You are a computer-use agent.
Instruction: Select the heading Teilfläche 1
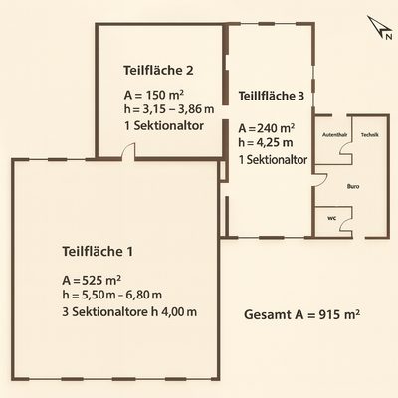point(97,250)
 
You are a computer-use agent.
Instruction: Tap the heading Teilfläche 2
point(158,70)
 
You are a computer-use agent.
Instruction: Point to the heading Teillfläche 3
point(272,97)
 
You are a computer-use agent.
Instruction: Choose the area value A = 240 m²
point(267,128)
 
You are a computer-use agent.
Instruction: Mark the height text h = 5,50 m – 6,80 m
point(111,296)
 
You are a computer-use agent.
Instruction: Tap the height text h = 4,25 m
point(266,143)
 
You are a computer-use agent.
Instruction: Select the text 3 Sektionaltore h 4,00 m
point(129,312)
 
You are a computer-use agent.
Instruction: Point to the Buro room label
point(352,186)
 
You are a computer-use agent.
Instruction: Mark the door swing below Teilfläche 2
point(127,151)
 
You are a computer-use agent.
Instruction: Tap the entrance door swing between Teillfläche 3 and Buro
point(319,180)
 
